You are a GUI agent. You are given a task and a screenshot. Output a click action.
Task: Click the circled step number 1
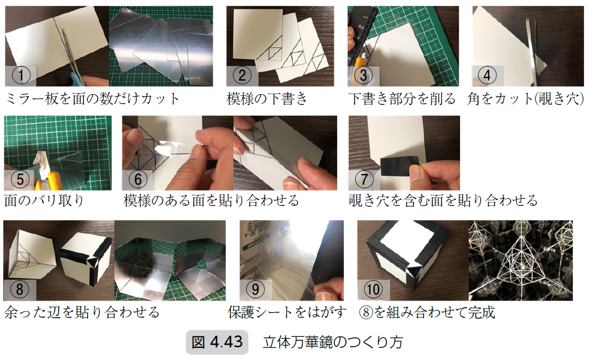click(x=21, y=75)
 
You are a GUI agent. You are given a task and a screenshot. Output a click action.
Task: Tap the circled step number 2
click(x=242, y=75)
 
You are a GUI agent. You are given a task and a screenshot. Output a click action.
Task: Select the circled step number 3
click(x=363, y=75)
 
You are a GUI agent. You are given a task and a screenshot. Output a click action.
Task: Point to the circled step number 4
click(x=487, y=75)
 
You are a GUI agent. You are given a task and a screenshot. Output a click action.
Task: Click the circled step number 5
click(x=20, y=179)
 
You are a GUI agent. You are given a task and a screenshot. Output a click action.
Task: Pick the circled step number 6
click(x=138, y=179)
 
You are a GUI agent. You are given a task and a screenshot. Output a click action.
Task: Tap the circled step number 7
click(x=364, y=179)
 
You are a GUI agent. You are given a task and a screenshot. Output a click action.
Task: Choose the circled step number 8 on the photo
click(x=19, y=290)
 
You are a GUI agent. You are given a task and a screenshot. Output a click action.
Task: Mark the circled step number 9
click(x=255, y=290)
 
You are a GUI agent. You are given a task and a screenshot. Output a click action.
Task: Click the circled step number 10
click(x=373, y=290)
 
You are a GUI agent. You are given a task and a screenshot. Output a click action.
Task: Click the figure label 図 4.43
click(x=217, y=342)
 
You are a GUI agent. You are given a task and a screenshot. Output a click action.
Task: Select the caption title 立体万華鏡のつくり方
click(x=333, y=342)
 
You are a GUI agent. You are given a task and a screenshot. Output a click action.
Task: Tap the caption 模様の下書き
click(x=267, y=99)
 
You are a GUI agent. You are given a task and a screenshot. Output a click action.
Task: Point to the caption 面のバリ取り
click(x=44, y=200)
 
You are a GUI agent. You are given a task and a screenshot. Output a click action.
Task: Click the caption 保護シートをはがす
click(x=287, y=312)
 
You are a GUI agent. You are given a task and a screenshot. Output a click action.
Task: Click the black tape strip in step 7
click(x=399, y=166)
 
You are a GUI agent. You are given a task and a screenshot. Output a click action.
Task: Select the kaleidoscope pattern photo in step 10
click(x=521, y=260)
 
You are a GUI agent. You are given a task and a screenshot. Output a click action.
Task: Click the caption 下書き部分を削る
click(x=402, y=99)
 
